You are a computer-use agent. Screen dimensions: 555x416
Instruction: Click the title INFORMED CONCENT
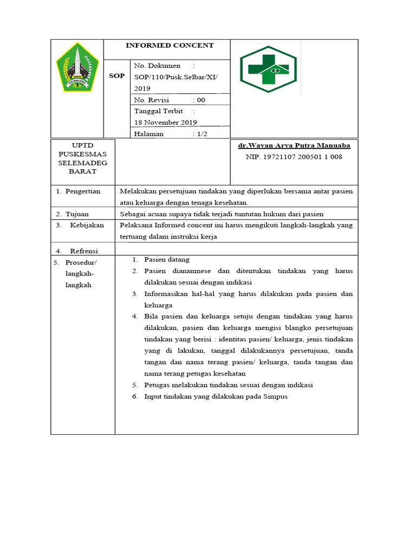[170, 46]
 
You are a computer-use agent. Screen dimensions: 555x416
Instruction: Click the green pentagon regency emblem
[77, 68]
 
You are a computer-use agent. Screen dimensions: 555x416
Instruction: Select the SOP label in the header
[116, 76]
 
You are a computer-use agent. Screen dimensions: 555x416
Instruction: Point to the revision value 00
[201, 100]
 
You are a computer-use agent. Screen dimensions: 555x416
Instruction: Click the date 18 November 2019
[165, 122]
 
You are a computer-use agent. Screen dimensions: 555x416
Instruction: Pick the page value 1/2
[201, 134]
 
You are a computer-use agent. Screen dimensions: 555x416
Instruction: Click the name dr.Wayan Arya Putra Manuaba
[294, 146]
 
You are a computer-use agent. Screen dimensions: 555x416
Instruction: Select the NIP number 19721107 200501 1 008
[294, 157]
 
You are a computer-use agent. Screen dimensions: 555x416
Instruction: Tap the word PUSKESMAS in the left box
[83, 154]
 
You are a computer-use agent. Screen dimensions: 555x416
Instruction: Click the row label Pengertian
[83, 191]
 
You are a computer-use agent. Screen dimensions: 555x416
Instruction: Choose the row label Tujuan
[77, 214]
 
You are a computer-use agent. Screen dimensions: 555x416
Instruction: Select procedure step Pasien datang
[166, 260]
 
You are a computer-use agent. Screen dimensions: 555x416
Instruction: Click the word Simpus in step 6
[276, 396]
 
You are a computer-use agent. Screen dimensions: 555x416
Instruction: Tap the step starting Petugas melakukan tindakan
[229, 385]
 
